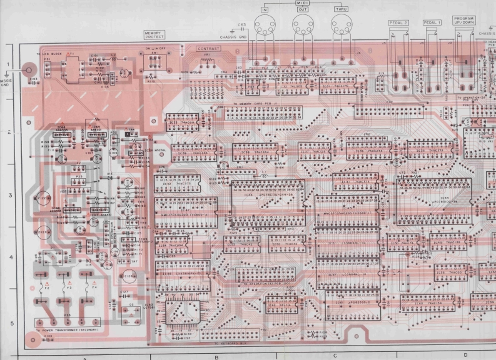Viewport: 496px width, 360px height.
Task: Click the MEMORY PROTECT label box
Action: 153,36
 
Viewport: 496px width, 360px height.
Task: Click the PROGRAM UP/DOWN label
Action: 464,21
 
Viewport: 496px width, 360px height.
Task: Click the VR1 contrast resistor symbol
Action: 207,61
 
